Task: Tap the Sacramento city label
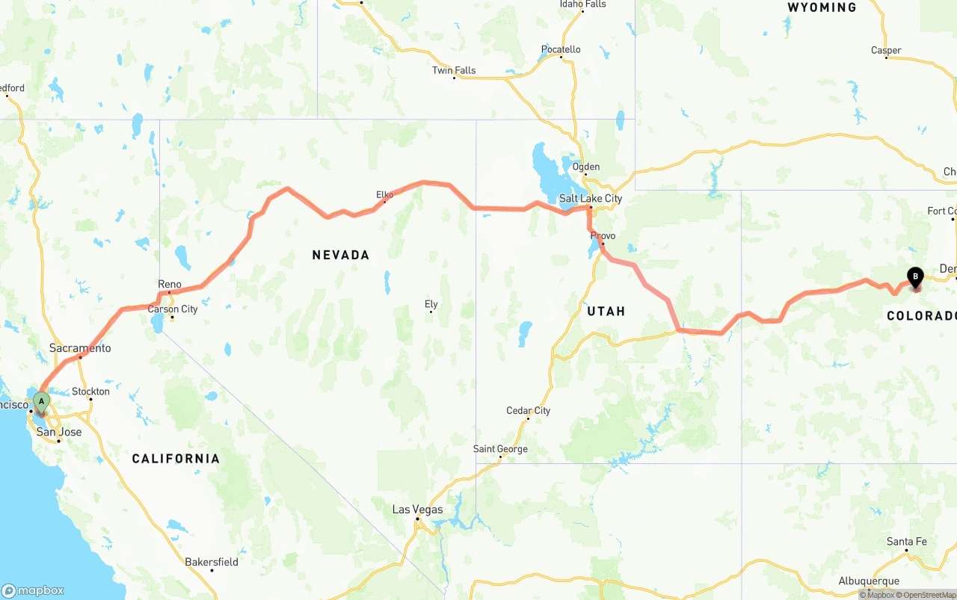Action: pyautogui.click(x=80, y=348)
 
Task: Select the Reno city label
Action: pyautogui.click(x=170, y=285)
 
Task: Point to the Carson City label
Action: pyautogui.click(x=173, y=309)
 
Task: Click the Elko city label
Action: pyautogui.click(x=384, y=195)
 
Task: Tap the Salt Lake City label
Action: pyautogui.click(x=591, y=199)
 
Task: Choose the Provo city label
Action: pyautogui.click(x=603, y=236)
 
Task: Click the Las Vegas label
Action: pyautogui.click(x=417, y=510)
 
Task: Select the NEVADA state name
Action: pyautogui.click(x=341, y=256)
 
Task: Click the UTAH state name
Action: pyautogui.click(x=606, y=312)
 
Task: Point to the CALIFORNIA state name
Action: pyautogui.click(x=176, y=459)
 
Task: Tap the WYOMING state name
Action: pyautogui.click(x=822, y=7)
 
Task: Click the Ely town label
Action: pyautogui.click(x=431, y=304)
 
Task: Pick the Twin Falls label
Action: pyautogui.click(x=454, y=71)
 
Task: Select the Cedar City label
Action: pyautogui.click(x=528, y=411)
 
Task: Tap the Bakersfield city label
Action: pyautogui.click(x=212, y=562)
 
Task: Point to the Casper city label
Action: pyautogui.click(x=886, y=51)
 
